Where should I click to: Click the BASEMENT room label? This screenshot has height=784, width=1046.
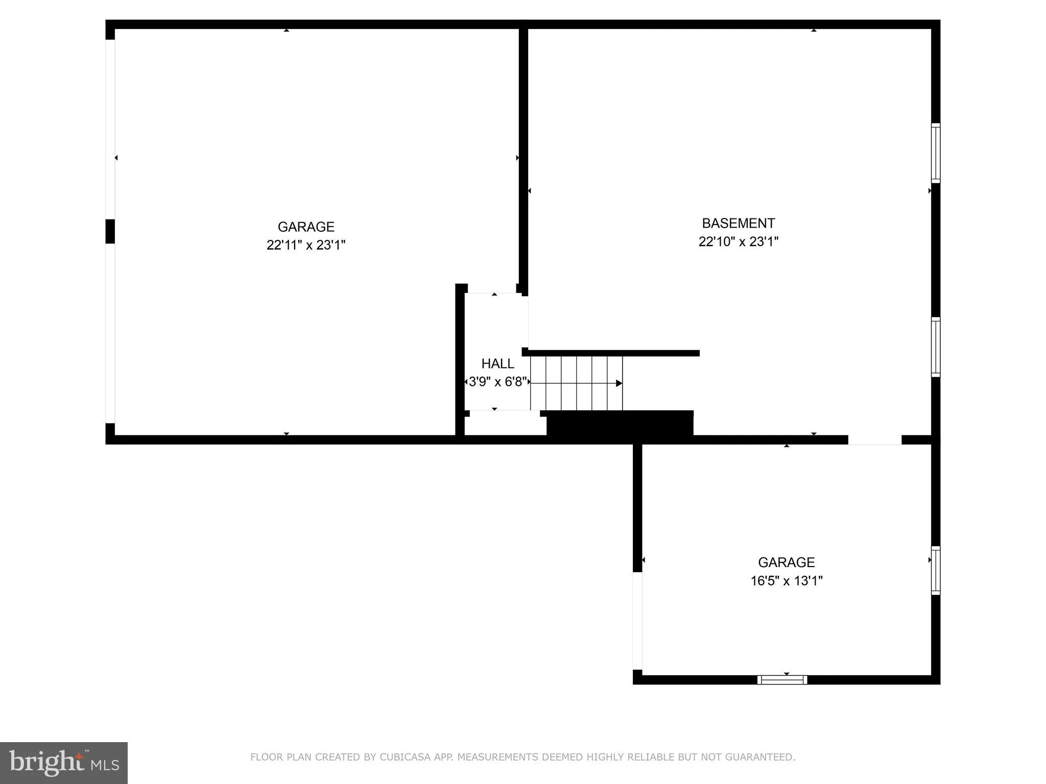pyautogui.click(x=738, y=224)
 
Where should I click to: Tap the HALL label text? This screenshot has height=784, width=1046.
pyautogui.click(x=497, y=364)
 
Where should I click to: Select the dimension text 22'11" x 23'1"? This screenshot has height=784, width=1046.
pyautogui.click(x=306, y=246)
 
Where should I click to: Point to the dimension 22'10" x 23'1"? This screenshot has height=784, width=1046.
pyautogui.click(x=738, y=242)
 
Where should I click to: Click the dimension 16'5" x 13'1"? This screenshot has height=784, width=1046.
pyautogui.click(x=786, y=581)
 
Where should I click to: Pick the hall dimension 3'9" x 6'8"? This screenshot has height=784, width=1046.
pyautogui.click(x=497, y=382)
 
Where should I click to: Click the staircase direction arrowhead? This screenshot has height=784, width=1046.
pyautogui.click(x=619, y=383)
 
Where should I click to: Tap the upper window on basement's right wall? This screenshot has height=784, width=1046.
pyautogui.click(x=935, y=153)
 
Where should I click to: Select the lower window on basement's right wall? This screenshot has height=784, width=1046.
pyautogui.click(x=935, y=347)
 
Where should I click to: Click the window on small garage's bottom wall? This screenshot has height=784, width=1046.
pyautogui.click(x=782, y=680)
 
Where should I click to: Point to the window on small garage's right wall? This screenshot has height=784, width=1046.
pyautogui.click(x=935, y=570)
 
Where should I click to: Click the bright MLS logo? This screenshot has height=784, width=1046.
pyautogui.click(x=64, y=763)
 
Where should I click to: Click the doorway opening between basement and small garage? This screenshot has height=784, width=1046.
pyautogui.click(x=874, y=440)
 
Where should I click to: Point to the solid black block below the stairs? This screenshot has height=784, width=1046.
pyautogui.click(x=620, y=424)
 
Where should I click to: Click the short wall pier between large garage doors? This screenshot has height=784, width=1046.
pyautogui.click(x=110, y=231)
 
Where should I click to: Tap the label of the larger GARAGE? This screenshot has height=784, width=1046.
pyautogui.click(x=306, y=227)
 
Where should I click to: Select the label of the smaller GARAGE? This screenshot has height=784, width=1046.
pyautogui.click(x=786, y=562)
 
